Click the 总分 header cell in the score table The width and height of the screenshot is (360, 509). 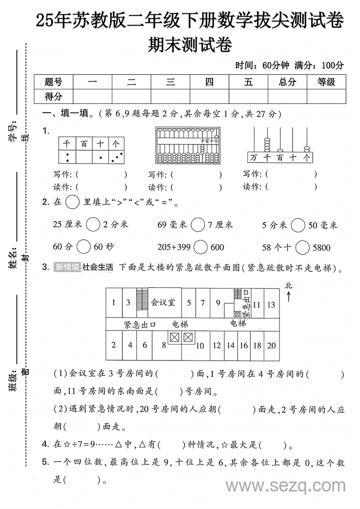click(x=287, y=82)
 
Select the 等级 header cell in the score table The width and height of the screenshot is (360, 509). click(x=326, y=82)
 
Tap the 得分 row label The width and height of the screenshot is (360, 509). click(x=53, y=96)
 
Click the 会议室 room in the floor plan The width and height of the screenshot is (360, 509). click(x=163, y=302)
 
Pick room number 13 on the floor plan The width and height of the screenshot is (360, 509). click(x=271, y=305)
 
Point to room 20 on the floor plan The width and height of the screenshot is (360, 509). click(x=271, y=345)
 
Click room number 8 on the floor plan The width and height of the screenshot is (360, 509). click(x=164, y=345)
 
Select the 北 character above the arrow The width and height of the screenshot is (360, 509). click(x=289, y=285)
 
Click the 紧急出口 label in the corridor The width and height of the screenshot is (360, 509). click(x=140, y=324)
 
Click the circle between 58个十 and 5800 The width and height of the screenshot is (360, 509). click(x=303, y=247)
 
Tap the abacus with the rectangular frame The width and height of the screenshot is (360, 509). click(x=188, y=145)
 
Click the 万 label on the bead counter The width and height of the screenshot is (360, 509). click(x=254, y=158)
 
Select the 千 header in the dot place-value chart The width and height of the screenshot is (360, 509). click(x=67, y=144)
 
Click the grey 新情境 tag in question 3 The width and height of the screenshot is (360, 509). click(x=67, y=267)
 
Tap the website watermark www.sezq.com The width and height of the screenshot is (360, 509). click(x=285, y=486)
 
